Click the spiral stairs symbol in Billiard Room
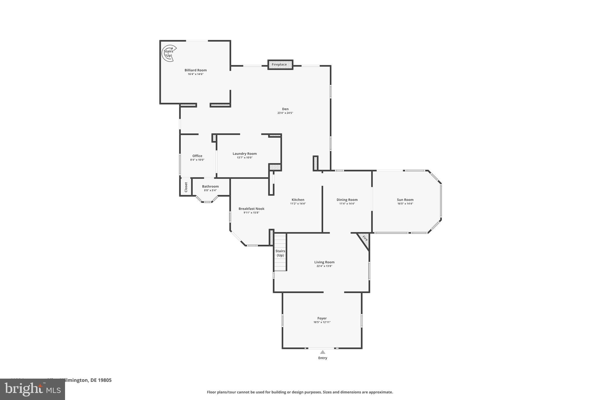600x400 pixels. (x=169, y=53)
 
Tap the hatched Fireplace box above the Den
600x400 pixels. (x=280, y=64)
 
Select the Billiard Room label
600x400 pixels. (x=195, y=70)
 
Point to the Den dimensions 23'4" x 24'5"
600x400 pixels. (x=285, y=113)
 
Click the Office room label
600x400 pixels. (x=197, y=156)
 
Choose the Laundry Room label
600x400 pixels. (x=245, y=154)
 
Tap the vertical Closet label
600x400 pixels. (x=186, y=187)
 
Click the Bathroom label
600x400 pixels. (x=210, y=186)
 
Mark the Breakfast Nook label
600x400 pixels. (x=251, y=209)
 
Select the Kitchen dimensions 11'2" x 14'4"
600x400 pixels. (x=298, y=204)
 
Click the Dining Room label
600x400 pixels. (x=347, y=200)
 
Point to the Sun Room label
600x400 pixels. (x=405, y=200)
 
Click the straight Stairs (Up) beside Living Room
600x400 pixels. (x=280, y=253)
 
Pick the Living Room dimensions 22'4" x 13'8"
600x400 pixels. (x=324, y=266)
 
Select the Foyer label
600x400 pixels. (x=322, y=318)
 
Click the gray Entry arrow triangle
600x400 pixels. (x=323, y=352)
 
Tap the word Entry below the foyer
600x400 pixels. (x=323, y=358)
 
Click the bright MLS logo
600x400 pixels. (x=33, y=389)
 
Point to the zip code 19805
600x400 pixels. (x=105, y=380)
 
